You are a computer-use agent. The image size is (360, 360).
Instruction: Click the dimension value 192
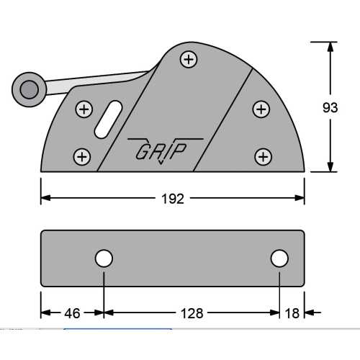click(173, 199)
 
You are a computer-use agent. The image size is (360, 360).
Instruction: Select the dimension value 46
click(71, 312)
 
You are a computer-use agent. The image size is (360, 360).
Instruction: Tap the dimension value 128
click(191, 312)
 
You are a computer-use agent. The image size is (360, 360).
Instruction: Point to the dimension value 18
click(292, 312)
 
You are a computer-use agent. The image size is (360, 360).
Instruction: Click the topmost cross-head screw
click(189, 60)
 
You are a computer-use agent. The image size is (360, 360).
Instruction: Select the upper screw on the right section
click(261, 109)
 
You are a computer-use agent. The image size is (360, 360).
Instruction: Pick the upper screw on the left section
click(84, 109)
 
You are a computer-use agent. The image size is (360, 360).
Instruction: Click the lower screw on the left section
click(83, 156)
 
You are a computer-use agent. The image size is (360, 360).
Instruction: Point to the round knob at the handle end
click(29, 89)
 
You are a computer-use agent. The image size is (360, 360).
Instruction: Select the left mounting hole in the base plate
click(104, 258)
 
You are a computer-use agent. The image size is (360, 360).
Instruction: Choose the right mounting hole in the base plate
click(279, 258)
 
